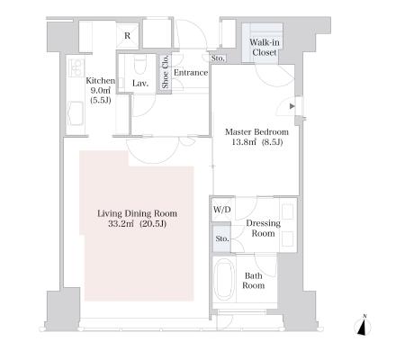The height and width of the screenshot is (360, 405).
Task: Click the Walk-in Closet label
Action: tap(265, 48)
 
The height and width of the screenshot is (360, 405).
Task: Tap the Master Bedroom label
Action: tap(256, 131)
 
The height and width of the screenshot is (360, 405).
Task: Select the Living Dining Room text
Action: tap(137, 213)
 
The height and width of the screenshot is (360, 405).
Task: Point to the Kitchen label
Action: tap(100, 80)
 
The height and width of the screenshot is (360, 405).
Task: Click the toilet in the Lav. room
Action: tap(140, 64)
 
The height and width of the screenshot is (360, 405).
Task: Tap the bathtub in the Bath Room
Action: tap(223, 279)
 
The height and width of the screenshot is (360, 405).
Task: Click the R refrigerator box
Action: tap(128, 36)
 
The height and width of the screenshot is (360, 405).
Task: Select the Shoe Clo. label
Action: tap(166, 72)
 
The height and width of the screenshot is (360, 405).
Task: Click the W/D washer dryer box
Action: tap(221, 210)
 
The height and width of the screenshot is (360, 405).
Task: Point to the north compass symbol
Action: tap(363, 326)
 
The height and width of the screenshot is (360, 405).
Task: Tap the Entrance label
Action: tap(191, 73)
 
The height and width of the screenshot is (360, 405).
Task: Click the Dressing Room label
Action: tap(263, 228)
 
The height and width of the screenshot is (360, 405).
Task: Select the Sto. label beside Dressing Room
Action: tap(222, 238)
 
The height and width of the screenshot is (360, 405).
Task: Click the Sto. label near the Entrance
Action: tap(218, 58)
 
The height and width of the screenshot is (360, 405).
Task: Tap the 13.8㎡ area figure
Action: tap(244, 142)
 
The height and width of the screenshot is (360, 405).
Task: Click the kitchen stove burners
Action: tap(76, 67)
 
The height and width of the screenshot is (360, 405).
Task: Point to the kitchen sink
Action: tap(75, 113)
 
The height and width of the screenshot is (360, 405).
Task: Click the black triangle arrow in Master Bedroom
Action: tap(292, 106)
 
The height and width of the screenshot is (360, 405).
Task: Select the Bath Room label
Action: tap(254, 281)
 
